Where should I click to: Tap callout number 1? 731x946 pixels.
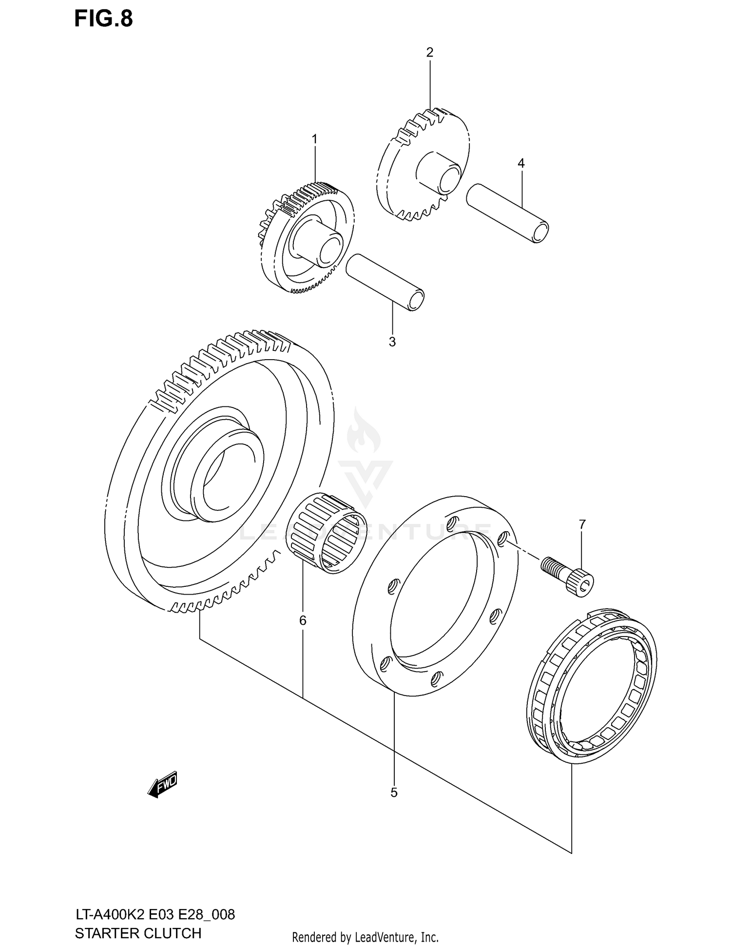[314, 139]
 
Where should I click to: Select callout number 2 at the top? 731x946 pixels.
[429, 52]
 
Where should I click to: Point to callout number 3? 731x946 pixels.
[392, 342]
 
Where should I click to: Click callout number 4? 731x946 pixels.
[521, 163]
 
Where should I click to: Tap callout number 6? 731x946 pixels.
[303, 620]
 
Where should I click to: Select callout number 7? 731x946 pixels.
[582, 524]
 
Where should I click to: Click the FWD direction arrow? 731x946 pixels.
[163, 784]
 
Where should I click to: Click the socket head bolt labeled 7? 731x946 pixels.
[568, 574]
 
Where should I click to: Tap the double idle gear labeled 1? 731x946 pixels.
[307, 239]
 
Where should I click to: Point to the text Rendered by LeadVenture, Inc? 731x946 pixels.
[365, 937]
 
